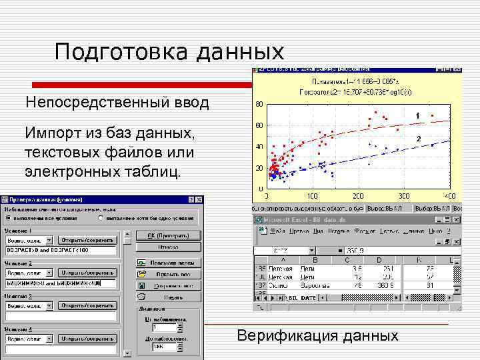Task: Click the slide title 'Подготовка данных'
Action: pyautogui.click(x=169, y=52)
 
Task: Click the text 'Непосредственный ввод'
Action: pyautogui.click(x=117, y=103)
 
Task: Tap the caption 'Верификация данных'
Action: pyautogui.click(x=317, y=335)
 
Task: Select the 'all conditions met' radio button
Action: pyautogui.click(x=8, y=218)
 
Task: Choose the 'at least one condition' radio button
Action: pyautogui.click(x=100, y=218)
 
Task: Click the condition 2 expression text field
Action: pyautogui.click(x=60, y=283)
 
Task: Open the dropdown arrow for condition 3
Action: pyautogui.click(x=50, y=306)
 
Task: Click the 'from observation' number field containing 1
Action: pyautogui.click(x=163, y=328)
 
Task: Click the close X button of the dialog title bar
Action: pyautogui.click(x=199, y=199)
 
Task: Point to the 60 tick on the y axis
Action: pyautogui.click(x=259, y=125)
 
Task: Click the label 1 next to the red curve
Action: pyautogui.click(x=417, y=117)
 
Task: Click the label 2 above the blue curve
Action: pyautogui.click(x=419, y=137)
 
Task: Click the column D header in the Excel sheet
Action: pyautogui.click(x=379, y=259)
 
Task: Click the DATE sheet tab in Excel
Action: pyautogui.click(x=308, y=297)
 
